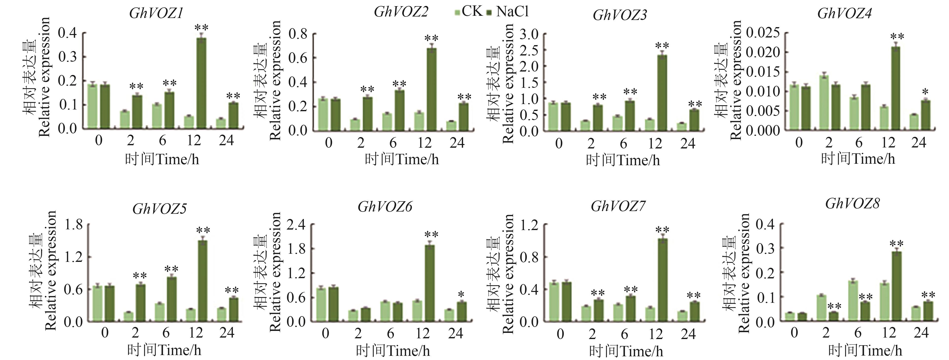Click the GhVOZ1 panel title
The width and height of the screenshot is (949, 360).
pyautogui.click(x=156, y=14)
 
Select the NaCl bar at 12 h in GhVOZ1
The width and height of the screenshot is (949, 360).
pyautogui.click(x=201, y=83)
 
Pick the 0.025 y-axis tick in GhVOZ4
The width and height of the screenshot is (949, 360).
pyautogui.click(x=763, y=33)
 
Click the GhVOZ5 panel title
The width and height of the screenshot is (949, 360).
pyautogui.click(x=159, y=209)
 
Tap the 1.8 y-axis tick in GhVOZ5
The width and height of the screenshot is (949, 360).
pyautogui.click(x=74, y=224)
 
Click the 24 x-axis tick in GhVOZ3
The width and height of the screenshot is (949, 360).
pyautogui.click(x=687, y=143)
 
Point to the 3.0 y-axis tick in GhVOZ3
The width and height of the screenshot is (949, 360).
pyautogui.click(x=529, y=34)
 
